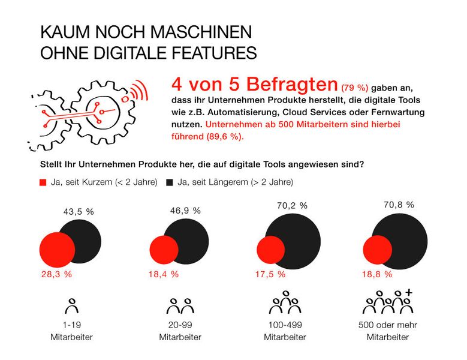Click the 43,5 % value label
(x=80, y=212)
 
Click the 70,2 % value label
(x=292, y=205)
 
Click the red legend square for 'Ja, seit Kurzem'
(x=42, y=182)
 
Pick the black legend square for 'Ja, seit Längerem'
(x=170, y=182)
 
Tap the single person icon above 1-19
(x=72, y=306)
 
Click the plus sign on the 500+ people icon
(x=409, y=292)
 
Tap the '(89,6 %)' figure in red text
(x=228, y=136)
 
